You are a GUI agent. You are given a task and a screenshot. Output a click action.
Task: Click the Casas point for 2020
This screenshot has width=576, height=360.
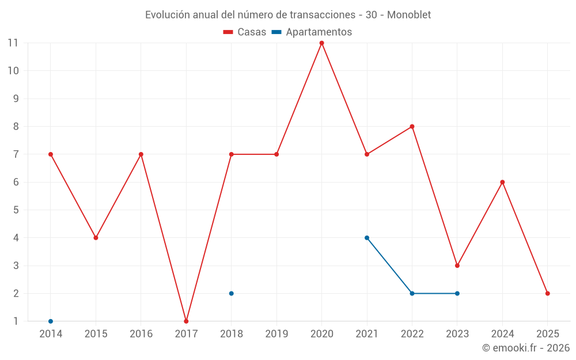(321, 43)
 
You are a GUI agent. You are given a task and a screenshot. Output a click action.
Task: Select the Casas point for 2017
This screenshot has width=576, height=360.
(186, 321)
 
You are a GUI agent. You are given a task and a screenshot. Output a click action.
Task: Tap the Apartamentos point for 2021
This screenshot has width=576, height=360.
(367, 238)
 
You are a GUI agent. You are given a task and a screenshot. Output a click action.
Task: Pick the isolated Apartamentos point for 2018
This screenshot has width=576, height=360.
(232, 293)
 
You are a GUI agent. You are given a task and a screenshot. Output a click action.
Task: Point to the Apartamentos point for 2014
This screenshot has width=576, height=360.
(51, 321)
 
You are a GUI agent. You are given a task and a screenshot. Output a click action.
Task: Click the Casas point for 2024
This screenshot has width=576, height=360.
(502, 182)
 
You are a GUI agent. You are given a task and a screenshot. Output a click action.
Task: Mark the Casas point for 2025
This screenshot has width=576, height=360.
(548, 293)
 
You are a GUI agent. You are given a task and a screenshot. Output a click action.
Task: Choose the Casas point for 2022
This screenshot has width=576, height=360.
(412, 127)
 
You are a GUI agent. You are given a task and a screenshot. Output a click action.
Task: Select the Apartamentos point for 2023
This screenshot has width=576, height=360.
(457, 293)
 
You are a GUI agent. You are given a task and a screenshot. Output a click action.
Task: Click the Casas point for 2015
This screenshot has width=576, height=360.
(96, 238)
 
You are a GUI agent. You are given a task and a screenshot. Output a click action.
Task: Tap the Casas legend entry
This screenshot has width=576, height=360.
(245, 32)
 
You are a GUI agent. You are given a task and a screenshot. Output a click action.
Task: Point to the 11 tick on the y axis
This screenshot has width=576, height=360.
(13, 43)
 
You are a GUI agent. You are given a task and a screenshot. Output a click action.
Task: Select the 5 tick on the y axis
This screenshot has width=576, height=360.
(16, 210)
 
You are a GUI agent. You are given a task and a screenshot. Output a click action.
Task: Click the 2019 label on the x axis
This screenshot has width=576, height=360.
(276, 334)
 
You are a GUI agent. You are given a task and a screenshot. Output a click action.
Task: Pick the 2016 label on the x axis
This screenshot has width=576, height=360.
(141, 334)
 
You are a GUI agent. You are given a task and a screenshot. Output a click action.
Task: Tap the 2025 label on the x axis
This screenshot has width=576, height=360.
(548, 334)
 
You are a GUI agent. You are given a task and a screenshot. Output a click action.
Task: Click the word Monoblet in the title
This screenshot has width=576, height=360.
(409, 14)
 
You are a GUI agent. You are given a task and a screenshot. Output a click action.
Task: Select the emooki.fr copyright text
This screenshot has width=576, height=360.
(526, 348)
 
